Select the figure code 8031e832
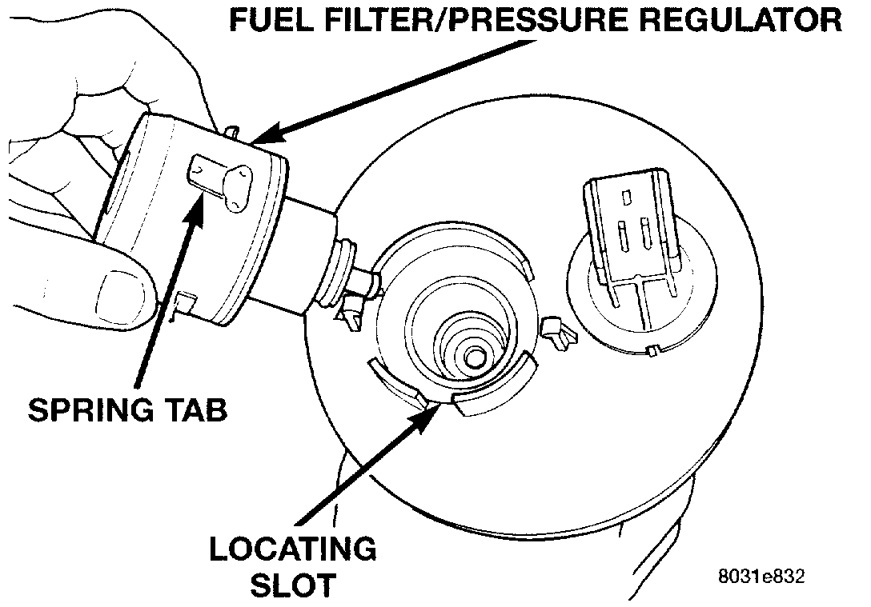761,576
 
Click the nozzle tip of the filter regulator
364,282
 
